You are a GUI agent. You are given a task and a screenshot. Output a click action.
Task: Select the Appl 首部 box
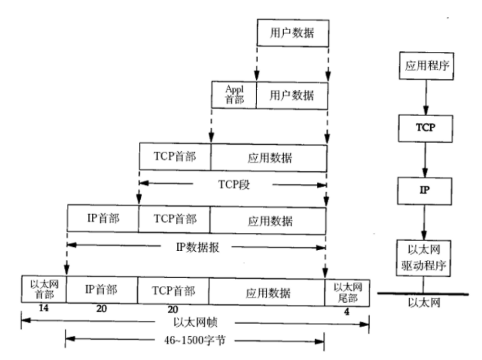pos(234,95)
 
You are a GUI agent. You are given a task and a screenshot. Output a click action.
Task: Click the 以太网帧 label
pos(195,323)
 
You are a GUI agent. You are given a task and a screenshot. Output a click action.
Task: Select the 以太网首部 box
pos(43,288)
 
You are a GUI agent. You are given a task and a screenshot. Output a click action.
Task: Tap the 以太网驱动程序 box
pos(423,257)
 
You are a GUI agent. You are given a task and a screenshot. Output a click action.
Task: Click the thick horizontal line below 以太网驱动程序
pos(423,294)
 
